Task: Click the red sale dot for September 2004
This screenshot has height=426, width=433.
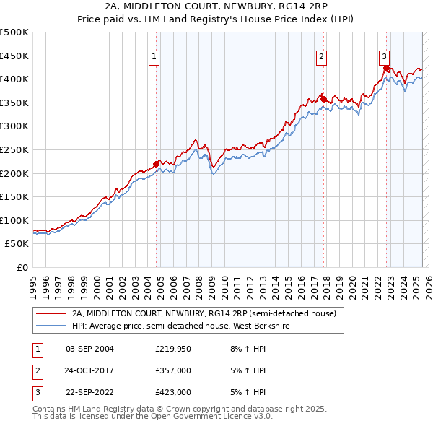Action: pos(157,164)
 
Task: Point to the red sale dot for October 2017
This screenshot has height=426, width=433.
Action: pos(323,100)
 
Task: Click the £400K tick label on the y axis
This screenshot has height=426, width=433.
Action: pos(14,79)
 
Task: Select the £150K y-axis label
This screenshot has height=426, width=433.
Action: pos(14,196)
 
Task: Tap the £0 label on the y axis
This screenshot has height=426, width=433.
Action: pos(22,267)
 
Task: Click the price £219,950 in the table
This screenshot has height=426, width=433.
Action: pos(172,349)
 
